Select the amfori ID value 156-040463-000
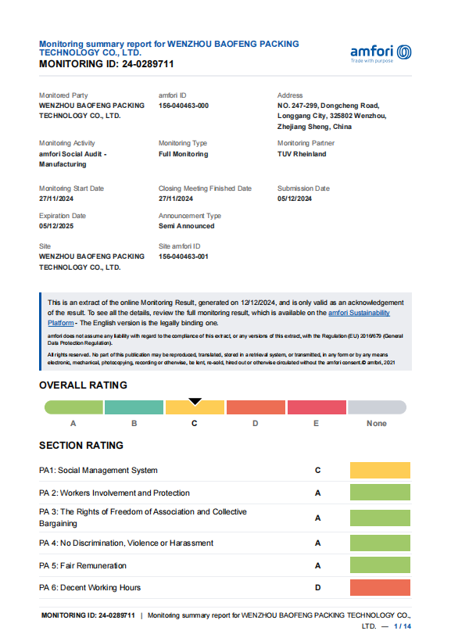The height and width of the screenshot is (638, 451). coord(184,106)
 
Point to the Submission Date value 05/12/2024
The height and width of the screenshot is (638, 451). coord(295,199)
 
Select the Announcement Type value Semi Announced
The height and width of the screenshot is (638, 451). coord(186,226)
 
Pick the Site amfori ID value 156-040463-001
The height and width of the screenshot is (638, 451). coord(184,256)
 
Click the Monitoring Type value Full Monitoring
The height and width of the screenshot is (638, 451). coord(183,154)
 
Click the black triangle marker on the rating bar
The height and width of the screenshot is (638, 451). coord(195,402)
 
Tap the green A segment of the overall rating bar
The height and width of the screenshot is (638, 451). coord(73,407)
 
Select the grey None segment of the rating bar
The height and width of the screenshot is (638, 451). coord(377,407)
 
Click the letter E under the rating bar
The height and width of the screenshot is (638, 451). coord(316,424)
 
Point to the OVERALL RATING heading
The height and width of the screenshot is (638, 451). coord(83,385)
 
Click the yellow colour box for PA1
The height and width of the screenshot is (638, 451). coord(380,471)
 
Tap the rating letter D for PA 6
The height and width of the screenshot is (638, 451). coord(318,588)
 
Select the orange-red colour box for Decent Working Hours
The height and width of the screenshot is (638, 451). coord(380,588)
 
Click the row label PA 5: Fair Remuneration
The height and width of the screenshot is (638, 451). coord(83,565)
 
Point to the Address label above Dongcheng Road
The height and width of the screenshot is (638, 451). coord(290,95)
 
